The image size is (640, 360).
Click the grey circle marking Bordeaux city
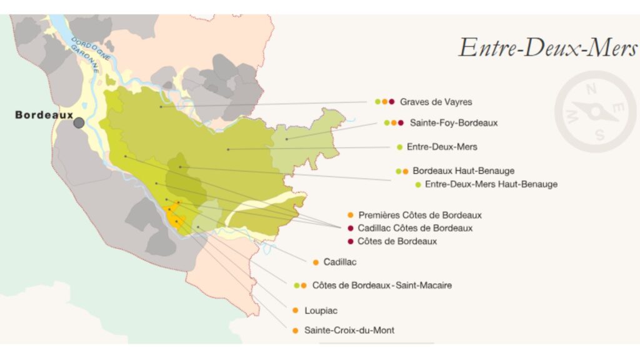pos(79,123)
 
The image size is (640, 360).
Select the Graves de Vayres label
pos(436,102)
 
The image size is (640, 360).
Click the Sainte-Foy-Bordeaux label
pos(454,123)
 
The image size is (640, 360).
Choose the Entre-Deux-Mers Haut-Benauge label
pos(491,184)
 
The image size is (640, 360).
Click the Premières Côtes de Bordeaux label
pos(420,215)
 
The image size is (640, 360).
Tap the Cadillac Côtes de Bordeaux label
pos(415,228)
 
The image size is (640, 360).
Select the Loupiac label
pos(321,310)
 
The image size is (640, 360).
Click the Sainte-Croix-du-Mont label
pos(349,331)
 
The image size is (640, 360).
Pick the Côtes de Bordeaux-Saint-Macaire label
pos(382,286)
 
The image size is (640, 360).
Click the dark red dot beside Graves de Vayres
pos(392,102)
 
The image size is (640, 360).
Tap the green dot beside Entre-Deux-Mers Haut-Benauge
pos(418,184)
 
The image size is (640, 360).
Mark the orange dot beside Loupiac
pos(296,310)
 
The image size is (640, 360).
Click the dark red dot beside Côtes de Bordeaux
pos(351,241)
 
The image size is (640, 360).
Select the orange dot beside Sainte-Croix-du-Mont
pos(296,331)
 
